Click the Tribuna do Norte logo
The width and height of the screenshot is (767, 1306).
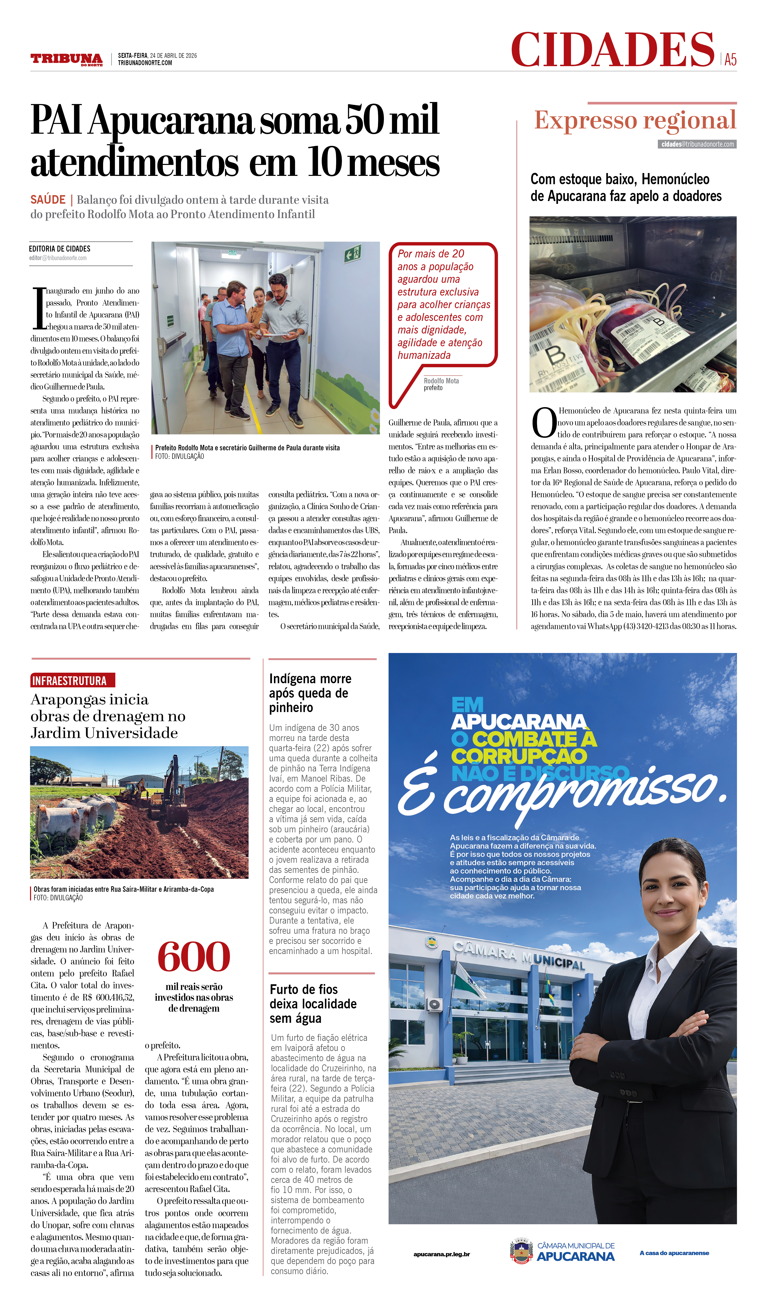(x=66, y=59)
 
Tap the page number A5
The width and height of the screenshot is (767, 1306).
(x=730, y=60)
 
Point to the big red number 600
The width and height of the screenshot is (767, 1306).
(x=194, y=956)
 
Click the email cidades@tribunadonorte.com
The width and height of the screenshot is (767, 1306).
(x=698, y=144)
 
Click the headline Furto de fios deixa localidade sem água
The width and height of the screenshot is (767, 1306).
(x=313, y=1004)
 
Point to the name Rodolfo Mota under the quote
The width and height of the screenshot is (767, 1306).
(x=441, y=381)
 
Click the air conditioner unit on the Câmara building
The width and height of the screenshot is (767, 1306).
(x=434, y=1004)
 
